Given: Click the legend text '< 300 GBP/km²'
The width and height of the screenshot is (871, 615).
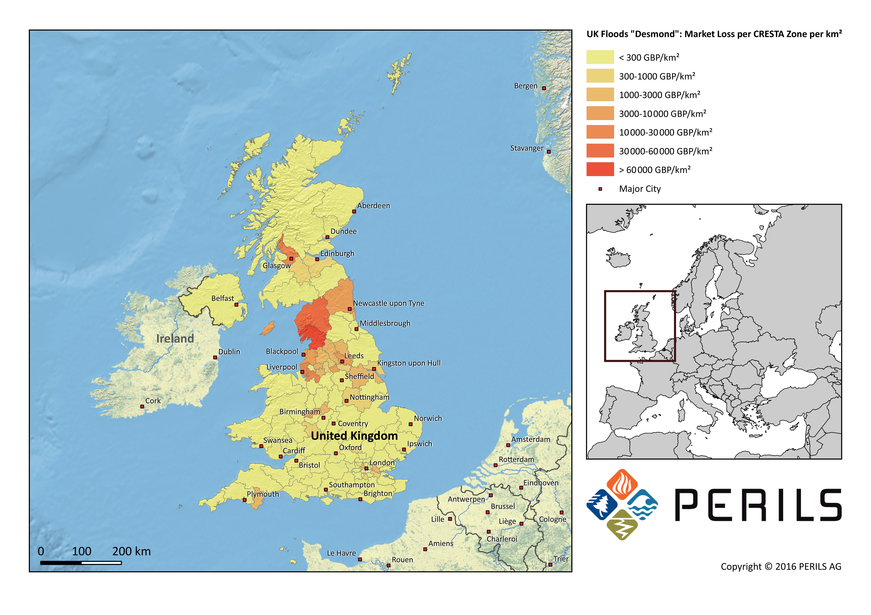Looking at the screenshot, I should [x=649, y=58].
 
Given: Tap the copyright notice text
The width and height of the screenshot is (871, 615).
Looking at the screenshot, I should [x=781, y=567].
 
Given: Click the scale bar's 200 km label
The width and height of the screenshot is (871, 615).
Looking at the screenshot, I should [x=131, y=551].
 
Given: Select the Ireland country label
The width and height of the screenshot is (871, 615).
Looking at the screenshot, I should [x=175, y=338].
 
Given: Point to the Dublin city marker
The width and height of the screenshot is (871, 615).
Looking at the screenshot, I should [x=215, y=357].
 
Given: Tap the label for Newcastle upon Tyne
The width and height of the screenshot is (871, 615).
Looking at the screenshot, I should [x=388, y=303].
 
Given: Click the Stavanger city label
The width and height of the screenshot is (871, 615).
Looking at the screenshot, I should [x=526, y=148].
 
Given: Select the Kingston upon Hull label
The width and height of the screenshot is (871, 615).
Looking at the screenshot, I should [x=409, y=363].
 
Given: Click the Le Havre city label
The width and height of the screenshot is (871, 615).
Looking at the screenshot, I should [x=341, y=553].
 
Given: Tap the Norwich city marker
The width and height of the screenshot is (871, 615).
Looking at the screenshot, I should [x=410, y=424].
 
